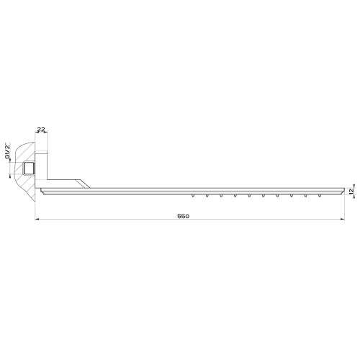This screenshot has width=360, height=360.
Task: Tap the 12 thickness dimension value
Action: [351, 190]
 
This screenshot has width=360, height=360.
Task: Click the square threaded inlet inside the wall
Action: [28, 169]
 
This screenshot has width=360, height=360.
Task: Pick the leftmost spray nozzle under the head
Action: [194, 195]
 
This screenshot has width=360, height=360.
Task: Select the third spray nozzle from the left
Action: [222, 195]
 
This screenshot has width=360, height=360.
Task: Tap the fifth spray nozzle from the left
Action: [249, 195]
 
